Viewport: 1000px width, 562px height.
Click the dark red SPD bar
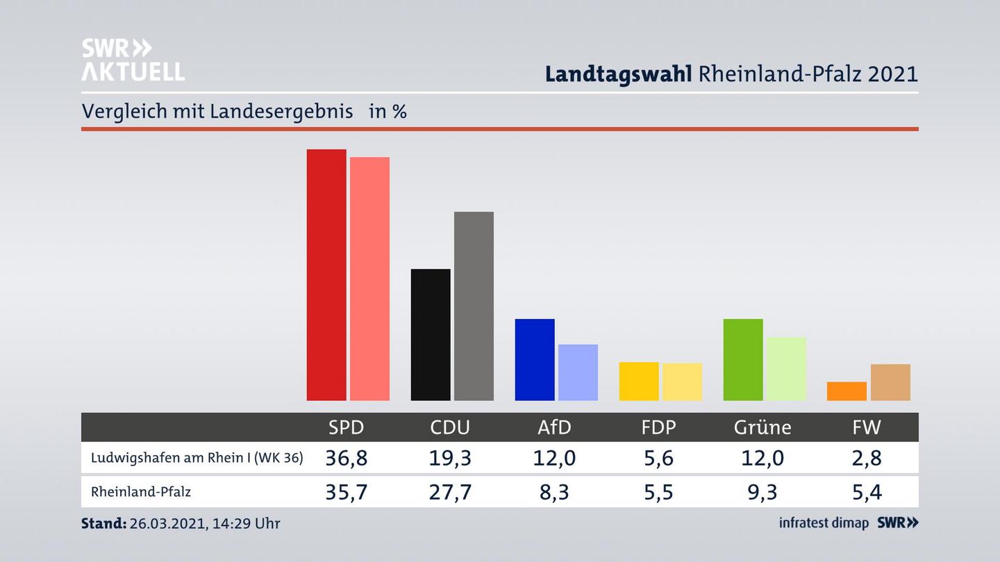(x=326, y=275)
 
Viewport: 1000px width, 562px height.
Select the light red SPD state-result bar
(x=369, y=279)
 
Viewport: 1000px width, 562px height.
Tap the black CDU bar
(x=431, y=334)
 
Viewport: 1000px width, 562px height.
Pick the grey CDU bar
(x=474, y=306)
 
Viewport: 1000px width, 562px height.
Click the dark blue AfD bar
(x=535, y=359)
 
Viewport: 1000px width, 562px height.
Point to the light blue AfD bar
(x=578, y=373)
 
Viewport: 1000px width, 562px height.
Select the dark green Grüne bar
(x=743, y=359)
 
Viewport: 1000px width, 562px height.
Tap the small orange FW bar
(x=847, y=391)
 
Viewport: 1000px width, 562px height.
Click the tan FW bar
(x=890, y=382)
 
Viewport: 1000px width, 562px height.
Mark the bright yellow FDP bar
(x=639, y=381)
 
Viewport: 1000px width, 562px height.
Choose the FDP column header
(x=658, y=427)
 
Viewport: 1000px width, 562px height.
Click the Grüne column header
(x=762, y=427)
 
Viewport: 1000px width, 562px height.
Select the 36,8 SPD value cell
(x=346, y=458)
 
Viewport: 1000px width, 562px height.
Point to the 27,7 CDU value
(x=450, y=492)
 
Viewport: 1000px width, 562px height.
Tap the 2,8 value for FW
(x=867, y=458)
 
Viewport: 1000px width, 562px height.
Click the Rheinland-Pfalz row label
(x=141, y=492)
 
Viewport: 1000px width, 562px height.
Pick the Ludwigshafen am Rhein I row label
(x=197, y=458)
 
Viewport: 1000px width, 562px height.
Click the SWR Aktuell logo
(x=133, y=60)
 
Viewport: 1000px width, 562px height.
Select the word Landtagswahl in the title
(x=618, y=74)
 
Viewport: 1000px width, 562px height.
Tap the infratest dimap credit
(x=824, y=522)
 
